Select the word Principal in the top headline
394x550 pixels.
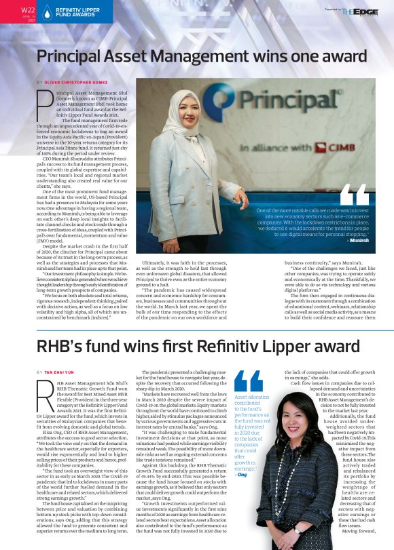click(x=71, y=56)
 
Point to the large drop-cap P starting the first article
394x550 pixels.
click(x=43, y=104)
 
